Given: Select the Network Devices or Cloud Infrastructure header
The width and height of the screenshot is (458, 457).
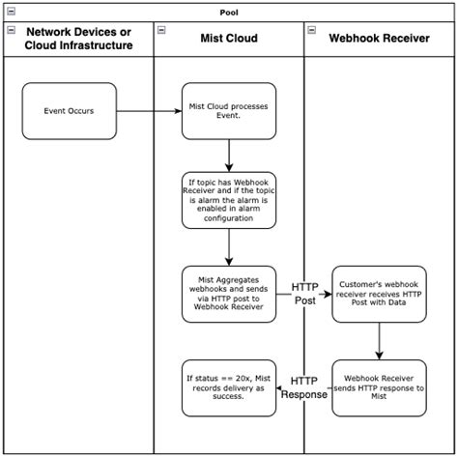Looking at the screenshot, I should click(78, 39).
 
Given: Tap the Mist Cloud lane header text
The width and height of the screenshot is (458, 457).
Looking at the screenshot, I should click(229, 39).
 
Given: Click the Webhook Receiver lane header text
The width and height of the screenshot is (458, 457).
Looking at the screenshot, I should click(381, 39).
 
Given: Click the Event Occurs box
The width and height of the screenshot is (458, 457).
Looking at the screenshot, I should click(69, 111).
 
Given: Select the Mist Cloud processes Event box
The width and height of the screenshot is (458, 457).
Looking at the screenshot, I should click(229, 111).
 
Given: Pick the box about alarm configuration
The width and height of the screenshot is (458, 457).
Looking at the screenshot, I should click(229, 199).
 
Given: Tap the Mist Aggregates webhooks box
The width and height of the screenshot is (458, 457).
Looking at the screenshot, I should click(229, 294).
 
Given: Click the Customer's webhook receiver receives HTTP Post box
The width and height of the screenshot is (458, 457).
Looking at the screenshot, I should click(379, 294).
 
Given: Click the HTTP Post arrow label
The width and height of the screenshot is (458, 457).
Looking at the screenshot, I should click(304, 294).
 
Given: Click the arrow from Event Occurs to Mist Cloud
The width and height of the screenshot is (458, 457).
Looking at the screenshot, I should click(150, 111).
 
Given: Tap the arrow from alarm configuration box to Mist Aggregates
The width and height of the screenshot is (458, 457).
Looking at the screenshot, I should click(229, 246).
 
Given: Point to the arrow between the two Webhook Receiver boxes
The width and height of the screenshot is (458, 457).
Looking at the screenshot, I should click(379, 340).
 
